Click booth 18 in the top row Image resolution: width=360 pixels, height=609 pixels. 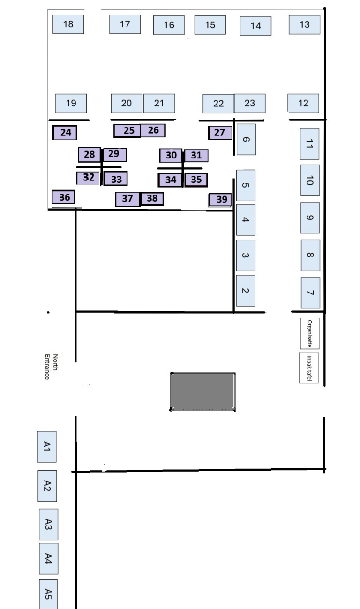(x=68, y=24)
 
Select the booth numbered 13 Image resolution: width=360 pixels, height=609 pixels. (x=304, y=24)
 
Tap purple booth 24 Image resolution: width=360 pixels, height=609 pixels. (x=65, y=132)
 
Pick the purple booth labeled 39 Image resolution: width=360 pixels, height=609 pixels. (x=220, y=200)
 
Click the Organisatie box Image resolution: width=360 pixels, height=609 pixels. (x=310, y=333)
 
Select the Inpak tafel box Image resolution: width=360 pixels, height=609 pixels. (x=309, y=368)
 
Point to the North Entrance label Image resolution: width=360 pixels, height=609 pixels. (x=51, y=367)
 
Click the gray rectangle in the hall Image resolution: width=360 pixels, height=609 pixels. (x=202, y=391)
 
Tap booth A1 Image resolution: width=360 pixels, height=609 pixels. (x=47, y=446)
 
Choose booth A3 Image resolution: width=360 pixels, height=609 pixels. (x=48, y=524)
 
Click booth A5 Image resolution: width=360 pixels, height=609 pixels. (x=48, y=594)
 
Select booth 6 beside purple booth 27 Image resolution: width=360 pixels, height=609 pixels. (x=246, y=139)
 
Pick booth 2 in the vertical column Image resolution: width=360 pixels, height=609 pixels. (x=246, y=291)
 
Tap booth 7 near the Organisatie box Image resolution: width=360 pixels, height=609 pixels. (x=310, y=293)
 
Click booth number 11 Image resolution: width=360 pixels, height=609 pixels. (x=309, y=144)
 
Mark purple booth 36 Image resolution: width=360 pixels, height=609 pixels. (x=64, y=197)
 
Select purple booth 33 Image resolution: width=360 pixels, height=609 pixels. (x=116, y=179)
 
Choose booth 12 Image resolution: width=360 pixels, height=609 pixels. (x=303, y=103)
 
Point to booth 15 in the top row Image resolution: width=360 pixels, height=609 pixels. (x=210, y=25)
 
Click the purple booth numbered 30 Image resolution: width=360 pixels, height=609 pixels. (x=171, y=155)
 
